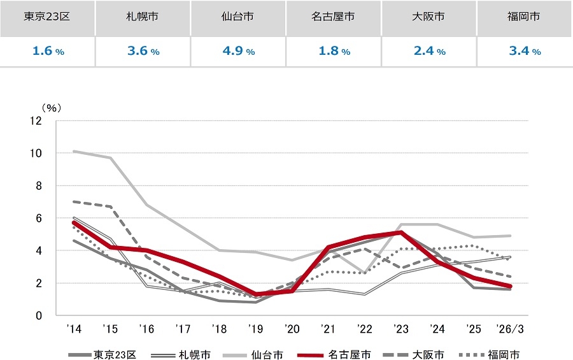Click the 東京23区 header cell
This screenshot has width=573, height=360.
47,17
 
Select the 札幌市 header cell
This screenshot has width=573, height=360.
143,17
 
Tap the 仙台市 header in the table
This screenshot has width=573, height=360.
238,17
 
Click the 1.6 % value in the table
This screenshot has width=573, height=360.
47,52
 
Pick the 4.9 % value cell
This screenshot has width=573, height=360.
238,52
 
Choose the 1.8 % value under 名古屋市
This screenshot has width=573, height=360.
334,52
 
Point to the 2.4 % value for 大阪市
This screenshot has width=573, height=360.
429,52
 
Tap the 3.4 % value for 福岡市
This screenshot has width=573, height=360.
525,52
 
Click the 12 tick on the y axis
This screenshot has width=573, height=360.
37,121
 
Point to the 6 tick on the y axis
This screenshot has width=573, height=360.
39,219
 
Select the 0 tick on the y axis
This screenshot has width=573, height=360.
39,315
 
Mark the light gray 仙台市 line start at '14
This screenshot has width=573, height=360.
74,152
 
